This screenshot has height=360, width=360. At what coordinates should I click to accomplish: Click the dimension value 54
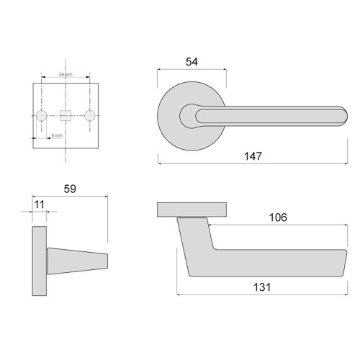pyautogui.click(x=191, y=62)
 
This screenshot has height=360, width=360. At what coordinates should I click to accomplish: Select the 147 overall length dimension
pyautogui.click(x=252, y=155)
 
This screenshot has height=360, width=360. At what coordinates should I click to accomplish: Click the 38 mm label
pyautogui.click(x=66, y=74)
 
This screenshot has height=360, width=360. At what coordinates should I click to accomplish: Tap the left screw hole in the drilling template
pyautogui.click(x=42, y=115)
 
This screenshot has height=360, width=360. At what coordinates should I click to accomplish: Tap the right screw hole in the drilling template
pyautogui.click(x=90, y=115)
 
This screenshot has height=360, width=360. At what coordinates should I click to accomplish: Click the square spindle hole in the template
pyautogui.click(x=66, y=115)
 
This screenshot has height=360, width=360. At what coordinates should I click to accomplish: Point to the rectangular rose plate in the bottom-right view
pyautogui.click(x=192, y=210)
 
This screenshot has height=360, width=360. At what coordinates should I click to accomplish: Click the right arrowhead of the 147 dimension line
pyautogui.click(x=347, y=163)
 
